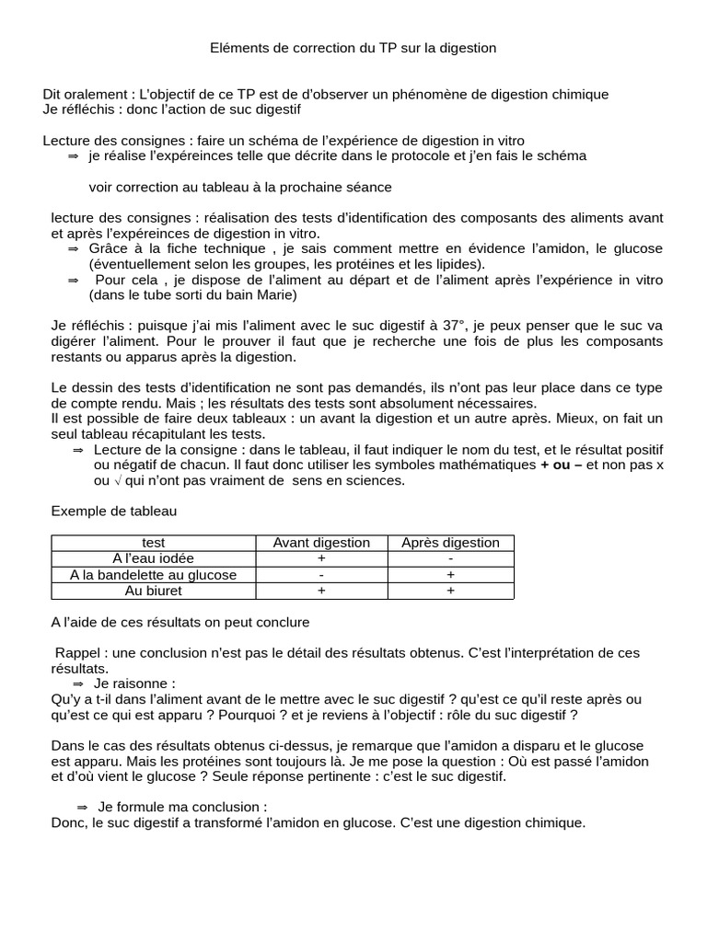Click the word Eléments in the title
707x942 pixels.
tap(238, 48)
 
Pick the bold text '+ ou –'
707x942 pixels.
tap(562, 465)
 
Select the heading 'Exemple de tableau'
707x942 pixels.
tap(113, 510)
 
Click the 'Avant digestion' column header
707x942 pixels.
tap(321, 543)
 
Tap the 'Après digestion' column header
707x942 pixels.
tap(450, 543)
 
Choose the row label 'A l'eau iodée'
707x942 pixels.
tap(154, 558)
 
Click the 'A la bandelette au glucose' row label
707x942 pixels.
tap(154, 575)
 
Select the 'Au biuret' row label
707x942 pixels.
tap(154, 591)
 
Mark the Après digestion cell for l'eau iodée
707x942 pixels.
tap(450, 558)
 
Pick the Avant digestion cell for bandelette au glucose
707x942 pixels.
tap(321, 575)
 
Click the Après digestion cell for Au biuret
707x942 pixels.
tap(450, 591)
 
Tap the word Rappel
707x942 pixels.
tap(77, 653)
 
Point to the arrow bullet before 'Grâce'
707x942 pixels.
tap(74, 248)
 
